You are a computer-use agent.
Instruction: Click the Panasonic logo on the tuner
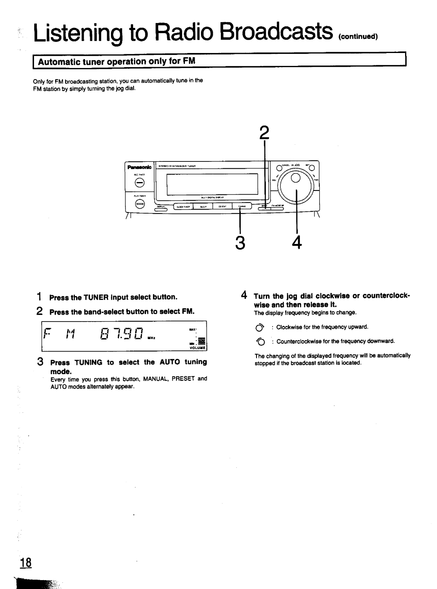[x=138, y=167]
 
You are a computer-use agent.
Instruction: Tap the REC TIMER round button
[x=139, y=183]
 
